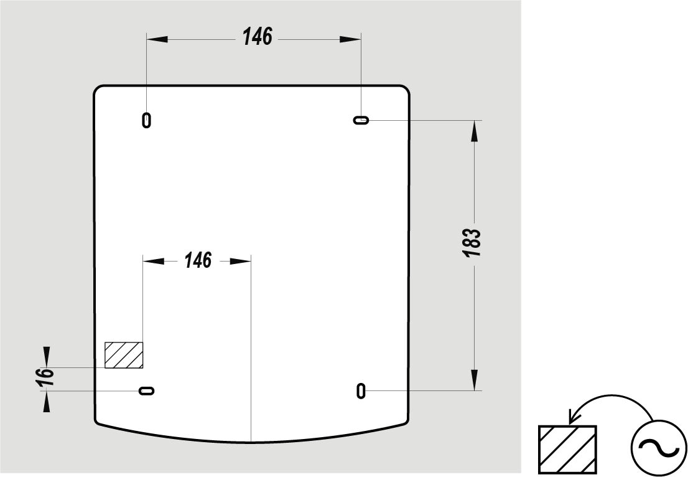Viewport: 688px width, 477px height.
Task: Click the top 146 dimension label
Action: tap(258, 37)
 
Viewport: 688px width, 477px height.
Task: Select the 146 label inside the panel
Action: tap(198, 260)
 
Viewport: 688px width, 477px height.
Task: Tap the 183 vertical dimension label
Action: tap(472, 243)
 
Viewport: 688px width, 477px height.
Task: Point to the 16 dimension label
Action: tap(45, 377)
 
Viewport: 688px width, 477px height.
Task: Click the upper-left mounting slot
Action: tap(147, 120)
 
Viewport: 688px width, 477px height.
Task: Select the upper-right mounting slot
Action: tap(361, 120)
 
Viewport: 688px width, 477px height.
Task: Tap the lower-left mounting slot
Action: tap(147, 390)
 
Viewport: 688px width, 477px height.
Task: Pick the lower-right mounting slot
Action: tap(361, 390)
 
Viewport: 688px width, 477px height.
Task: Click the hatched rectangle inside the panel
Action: tap(124, 355)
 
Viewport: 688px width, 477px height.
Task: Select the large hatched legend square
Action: tap(567, 450)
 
